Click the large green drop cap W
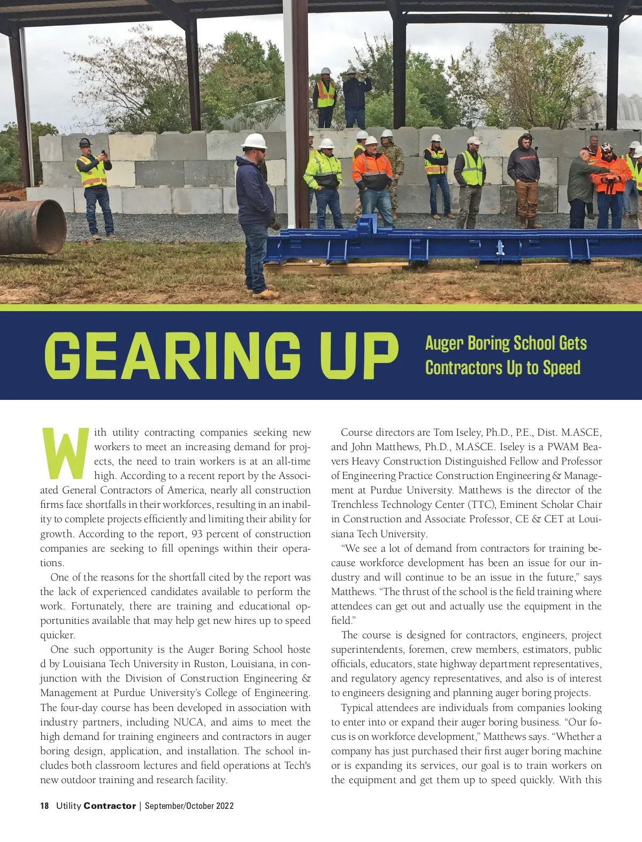[65, 453]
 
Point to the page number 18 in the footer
[44, 806]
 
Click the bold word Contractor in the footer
[110, 806]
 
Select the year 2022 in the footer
[225, 806]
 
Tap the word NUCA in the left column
[189, 722]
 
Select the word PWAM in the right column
[563, 446]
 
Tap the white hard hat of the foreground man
[254, 141]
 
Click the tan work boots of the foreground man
[266, 293]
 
